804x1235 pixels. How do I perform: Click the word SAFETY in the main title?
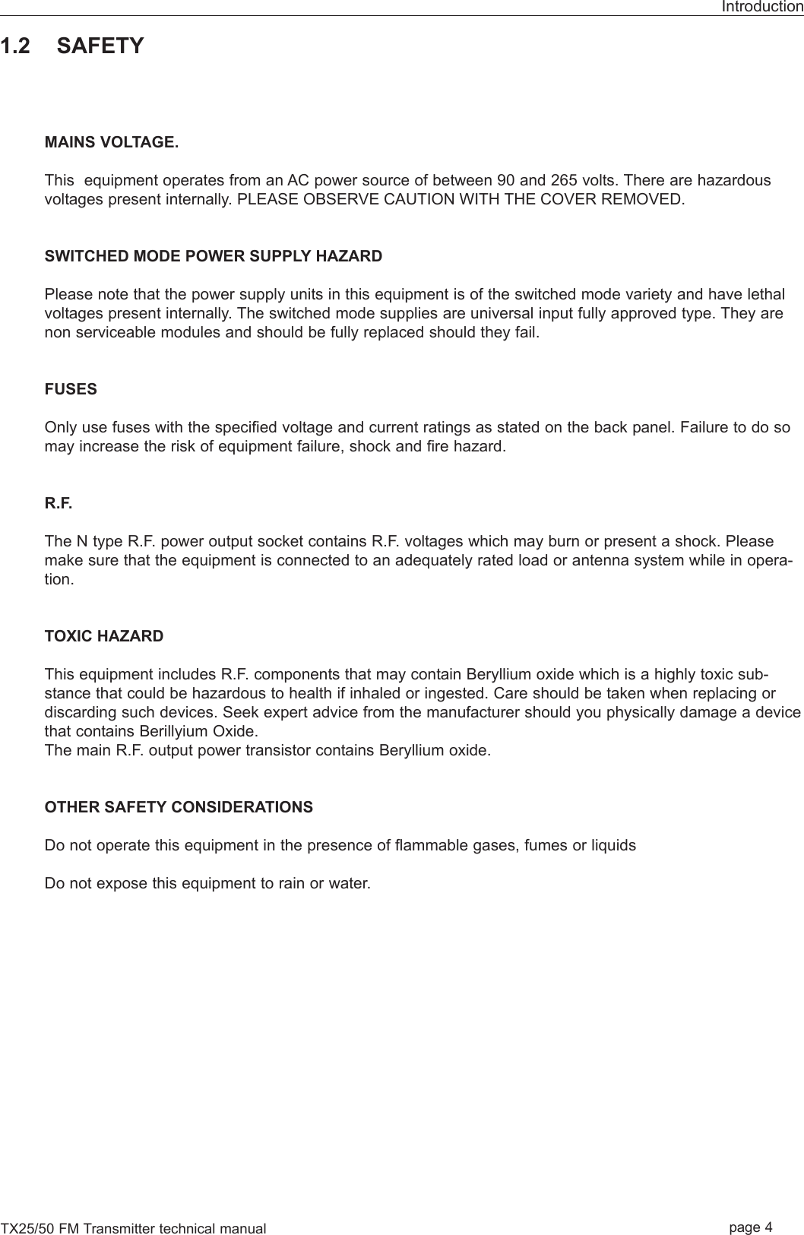[x=100, y=46]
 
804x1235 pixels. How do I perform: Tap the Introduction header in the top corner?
[x=761, y=7]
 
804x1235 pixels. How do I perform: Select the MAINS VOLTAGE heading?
[x=112, y=143]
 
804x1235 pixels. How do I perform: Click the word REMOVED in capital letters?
[x=649, y=200]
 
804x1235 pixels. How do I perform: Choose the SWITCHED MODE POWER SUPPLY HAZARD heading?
[x=214, y=256]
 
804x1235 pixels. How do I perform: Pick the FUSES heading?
[x=71, y=389]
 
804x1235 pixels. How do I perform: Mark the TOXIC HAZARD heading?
[x=104, y=636]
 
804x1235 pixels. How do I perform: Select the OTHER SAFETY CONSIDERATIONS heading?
[x=179, y=807]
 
